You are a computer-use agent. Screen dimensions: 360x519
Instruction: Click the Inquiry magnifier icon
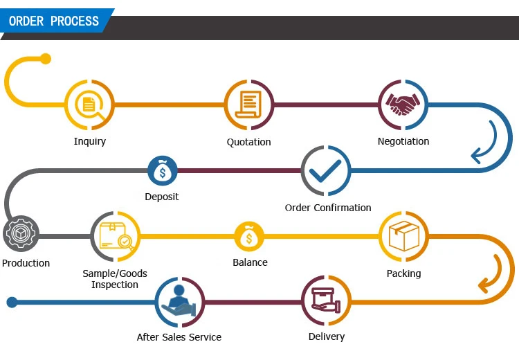90,105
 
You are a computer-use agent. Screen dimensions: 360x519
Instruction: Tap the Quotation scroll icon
249,105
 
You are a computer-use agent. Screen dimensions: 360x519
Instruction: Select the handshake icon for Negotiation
403,105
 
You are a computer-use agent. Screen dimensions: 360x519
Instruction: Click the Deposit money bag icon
163,170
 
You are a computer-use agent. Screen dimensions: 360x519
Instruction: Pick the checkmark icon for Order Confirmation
326,170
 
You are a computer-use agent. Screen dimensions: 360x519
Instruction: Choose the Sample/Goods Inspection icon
115,236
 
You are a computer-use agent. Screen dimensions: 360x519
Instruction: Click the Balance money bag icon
249,237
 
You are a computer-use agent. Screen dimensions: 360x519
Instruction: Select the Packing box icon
403,236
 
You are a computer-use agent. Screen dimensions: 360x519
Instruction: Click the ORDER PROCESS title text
54,21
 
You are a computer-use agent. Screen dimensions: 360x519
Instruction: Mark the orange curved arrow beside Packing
491,274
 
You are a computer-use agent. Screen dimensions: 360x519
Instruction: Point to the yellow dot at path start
46,59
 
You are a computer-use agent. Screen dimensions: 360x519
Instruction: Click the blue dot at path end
11,302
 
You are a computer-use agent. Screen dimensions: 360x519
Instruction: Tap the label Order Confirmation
328,208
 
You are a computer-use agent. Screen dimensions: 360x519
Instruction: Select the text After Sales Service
179,337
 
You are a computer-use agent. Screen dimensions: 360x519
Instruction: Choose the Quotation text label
249,142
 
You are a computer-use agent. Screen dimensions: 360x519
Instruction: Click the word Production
26,263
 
